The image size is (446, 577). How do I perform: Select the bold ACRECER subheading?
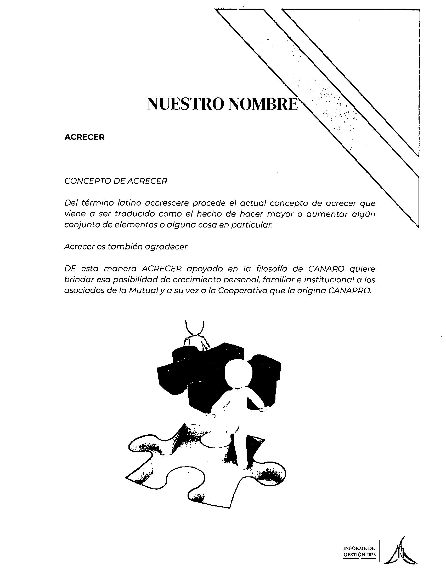click(84, 137)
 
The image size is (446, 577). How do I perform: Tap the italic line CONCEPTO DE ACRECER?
click(116, 181)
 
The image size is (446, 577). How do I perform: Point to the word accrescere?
click(167, 203)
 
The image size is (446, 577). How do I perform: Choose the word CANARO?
click(326, 269)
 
